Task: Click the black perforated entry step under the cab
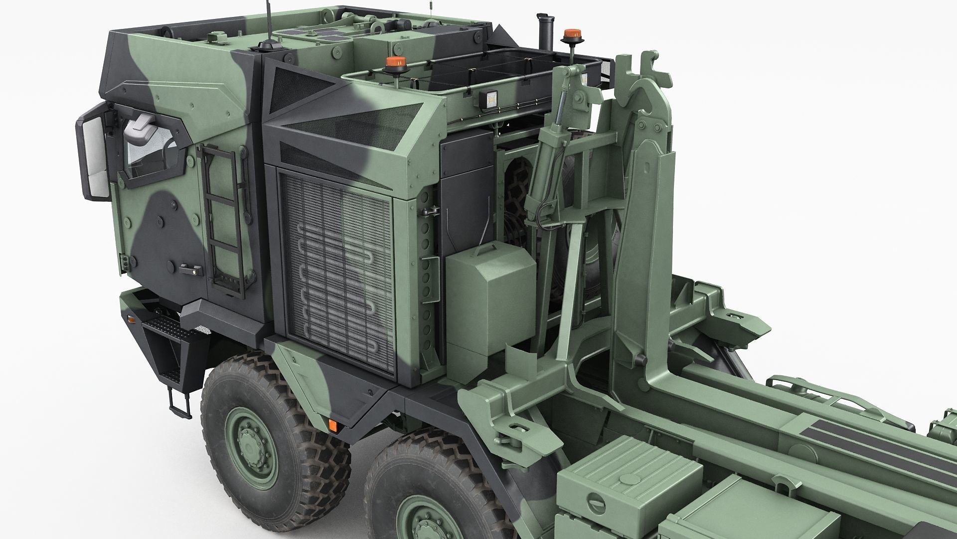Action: click(x=167, y=329)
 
